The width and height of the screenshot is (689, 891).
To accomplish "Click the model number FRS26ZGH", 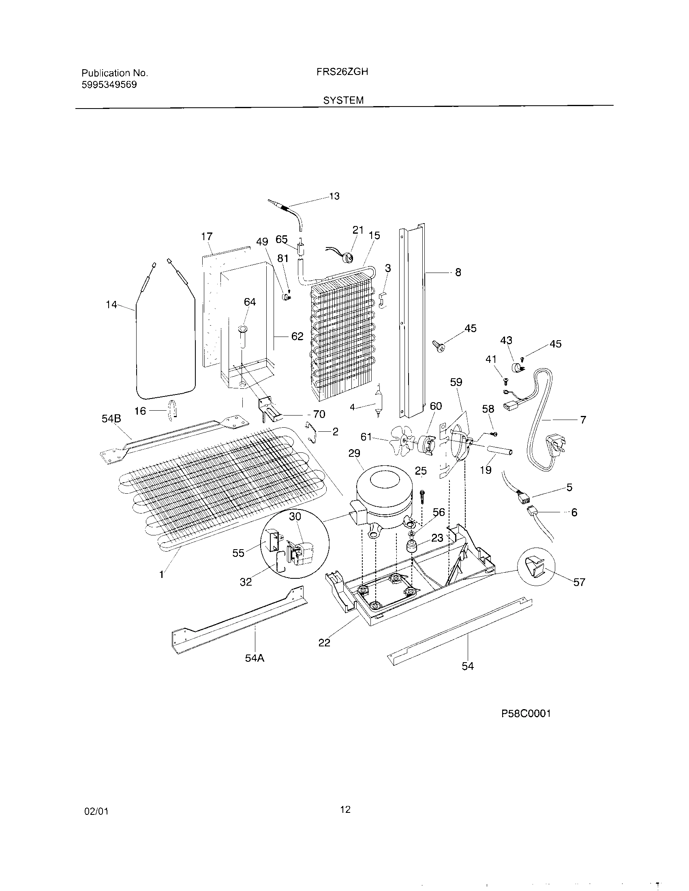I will pos(342,72).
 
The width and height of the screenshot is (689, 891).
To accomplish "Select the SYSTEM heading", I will pos(343,100).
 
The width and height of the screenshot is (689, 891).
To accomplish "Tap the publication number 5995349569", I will pos(109,85).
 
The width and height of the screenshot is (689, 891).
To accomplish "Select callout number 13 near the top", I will pos(334,197).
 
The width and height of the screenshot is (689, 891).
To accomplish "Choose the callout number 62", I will pos(297,336).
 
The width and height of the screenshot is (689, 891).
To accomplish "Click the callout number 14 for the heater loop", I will pos(111,304).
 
